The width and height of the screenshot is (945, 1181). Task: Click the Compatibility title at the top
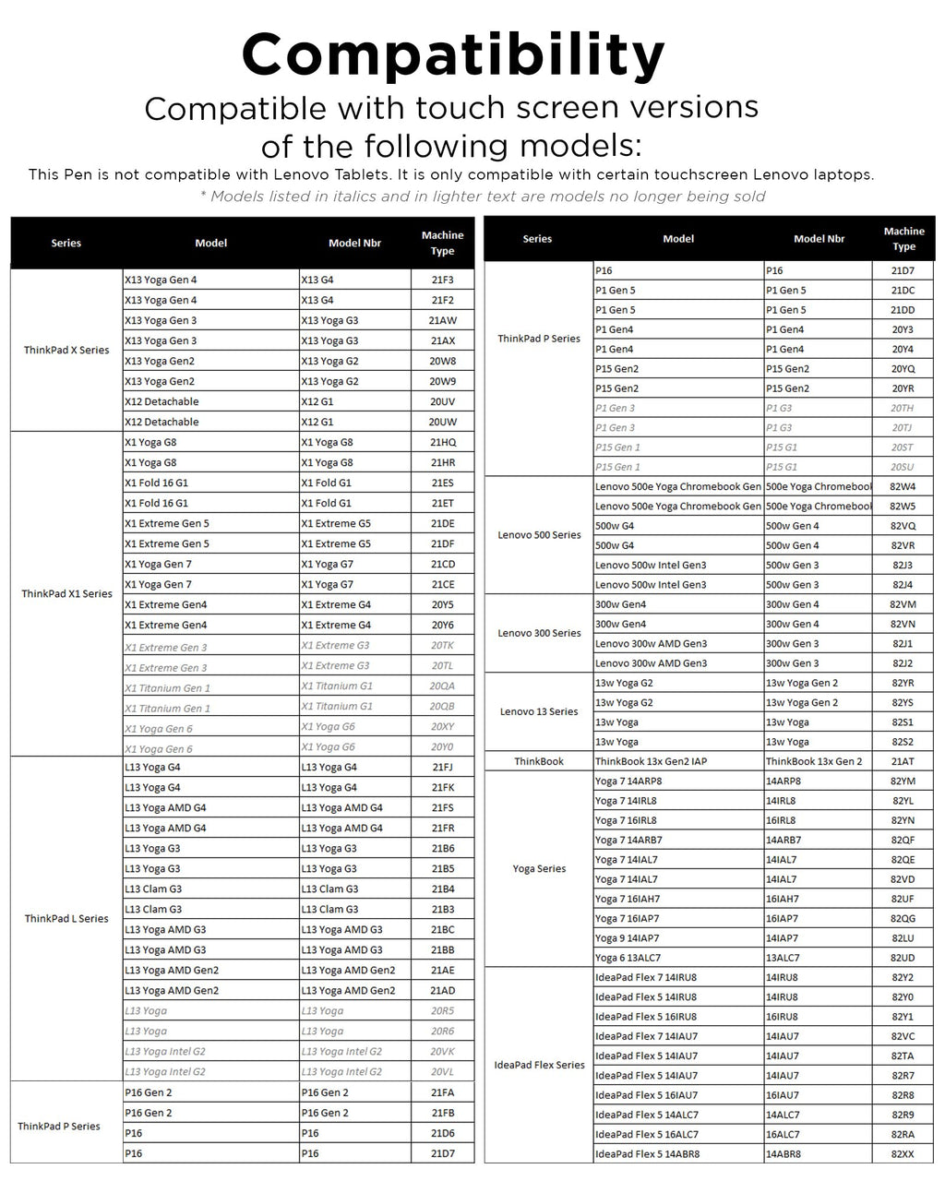point(453,55)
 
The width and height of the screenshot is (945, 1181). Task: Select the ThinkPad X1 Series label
point(66,594)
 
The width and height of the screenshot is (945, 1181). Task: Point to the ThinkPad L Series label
point(66,919)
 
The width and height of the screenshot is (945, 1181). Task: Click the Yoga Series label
point(539,869)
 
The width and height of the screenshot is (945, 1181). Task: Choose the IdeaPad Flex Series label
point(539,1066)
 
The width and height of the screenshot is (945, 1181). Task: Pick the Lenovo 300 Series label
point(539,634)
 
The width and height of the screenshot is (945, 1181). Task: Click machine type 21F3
point(443,280)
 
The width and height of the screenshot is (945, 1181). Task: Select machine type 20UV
point(443,401)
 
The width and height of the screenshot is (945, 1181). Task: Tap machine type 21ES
point(443,483)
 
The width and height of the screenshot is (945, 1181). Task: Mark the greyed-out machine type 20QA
point(442,686)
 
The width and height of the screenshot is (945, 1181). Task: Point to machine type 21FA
point(443,1092)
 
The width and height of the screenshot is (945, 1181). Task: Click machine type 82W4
point(903,486)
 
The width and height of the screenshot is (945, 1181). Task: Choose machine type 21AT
point(903,761)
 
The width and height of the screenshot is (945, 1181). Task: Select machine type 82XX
point(903,1154)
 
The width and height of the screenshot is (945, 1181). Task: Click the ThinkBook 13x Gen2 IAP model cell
point(651,761)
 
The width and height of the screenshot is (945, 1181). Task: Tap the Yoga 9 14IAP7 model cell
point(628,938)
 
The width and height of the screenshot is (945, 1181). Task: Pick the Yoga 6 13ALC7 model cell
point(628,958)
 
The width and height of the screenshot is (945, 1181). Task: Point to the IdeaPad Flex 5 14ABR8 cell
point(646,1154)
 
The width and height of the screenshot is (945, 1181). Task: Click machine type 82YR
point(903,683)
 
